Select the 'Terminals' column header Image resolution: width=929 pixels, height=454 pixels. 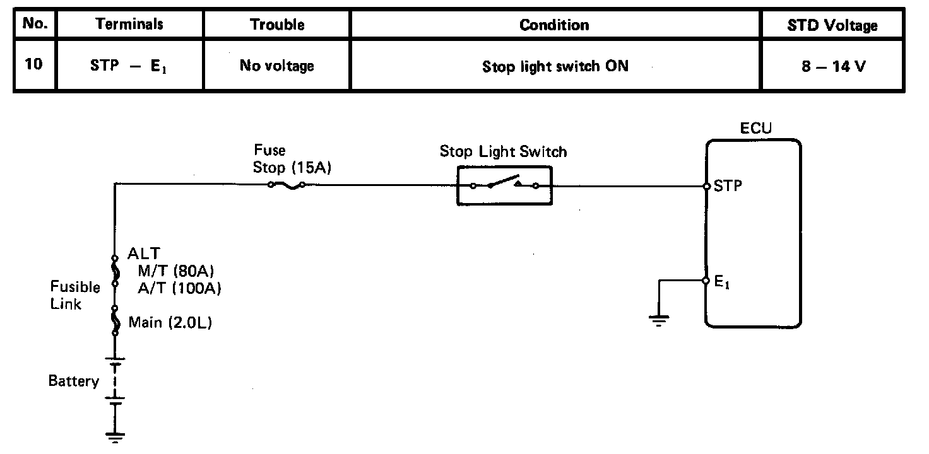click(x=129, y=25)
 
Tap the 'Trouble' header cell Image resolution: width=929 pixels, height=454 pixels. click(x=277, y=25)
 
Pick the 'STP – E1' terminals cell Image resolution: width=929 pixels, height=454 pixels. click(x=129, y=66)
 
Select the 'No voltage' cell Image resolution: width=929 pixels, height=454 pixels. click(x=277, y=66)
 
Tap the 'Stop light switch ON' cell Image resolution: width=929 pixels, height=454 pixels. click(x=555, y=66)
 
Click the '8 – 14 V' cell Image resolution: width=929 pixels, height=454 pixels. click(x=834, y=66)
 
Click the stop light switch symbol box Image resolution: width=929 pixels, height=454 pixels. click(x=504, y=185)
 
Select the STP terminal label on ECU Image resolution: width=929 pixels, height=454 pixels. click(x=728, y=186)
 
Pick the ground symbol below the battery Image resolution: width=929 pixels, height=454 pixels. click(x=115, y=435)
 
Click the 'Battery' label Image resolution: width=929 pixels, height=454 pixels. click(x=74, y=381)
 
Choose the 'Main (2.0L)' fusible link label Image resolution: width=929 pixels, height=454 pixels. click(x=170, y=323)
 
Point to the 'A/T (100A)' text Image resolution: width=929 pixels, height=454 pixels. click(x=179, y=288)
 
